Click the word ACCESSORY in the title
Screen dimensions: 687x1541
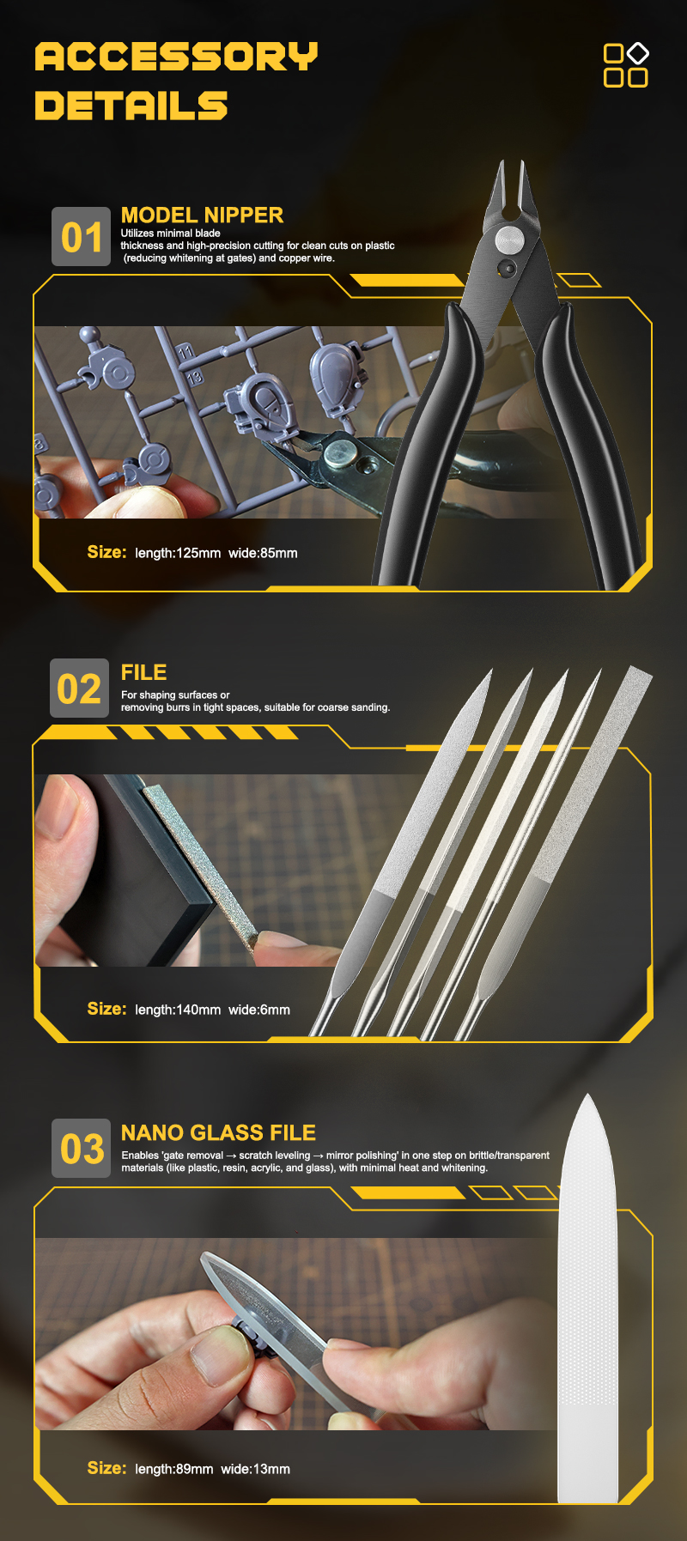coord(176,57)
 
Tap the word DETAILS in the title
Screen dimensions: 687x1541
coord(131,106)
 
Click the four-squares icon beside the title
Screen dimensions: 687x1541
coord(626,65)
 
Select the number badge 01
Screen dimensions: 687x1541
coord(82,237)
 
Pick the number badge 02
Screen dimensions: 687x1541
coord(79,689)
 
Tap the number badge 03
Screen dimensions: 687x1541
coord(82,1149)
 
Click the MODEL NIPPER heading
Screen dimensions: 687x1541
coord(202,215)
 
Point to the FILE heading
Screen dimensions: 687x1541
coord(143,672)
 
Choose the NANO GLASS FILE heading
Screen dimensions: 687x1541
coord(218,1132)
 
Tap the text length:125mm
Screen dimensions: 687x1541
coord(178,553)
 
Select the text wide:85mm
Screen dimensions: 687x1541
coord(263,553)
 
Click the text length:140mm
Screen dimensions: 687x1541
coord(178,1010)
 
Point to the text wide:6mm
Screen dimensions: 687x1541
coord(259,1010)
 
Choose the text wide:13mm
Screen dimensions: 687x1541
coord(255,1469)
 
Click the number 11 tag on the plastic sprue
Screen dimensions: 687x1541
coord(186,353)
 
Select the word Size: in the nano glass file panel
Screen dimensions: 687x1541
coord(106,1468)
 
